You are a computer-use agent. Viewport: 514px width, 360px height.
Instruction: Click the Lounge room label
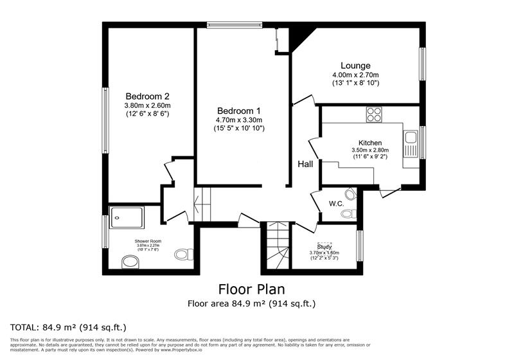pos(355,66)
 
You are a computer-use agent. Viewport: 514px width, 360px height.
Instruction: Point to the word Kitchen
pos(370,143)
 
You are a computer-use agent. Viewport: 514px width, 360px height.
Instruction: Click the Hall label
pos(305,165)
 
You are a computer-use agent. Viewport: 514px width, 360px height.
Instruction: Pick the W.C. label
pos(336,204)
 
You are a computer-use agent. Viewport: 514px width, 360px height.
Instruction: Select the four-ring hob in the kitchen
pos(373,114)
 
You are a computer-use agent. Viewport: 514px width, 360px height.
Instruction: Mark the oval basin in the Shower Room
pos(130,262)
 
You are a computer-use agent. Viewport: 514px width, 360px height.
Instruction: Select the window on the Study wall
pos(359,246)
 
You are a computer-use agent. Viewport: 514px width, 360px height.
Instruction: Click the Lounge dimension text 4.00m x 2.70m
pos(355,75)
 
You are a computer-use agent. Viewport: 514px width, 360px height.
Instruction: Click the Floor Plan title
pos(251,289)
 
